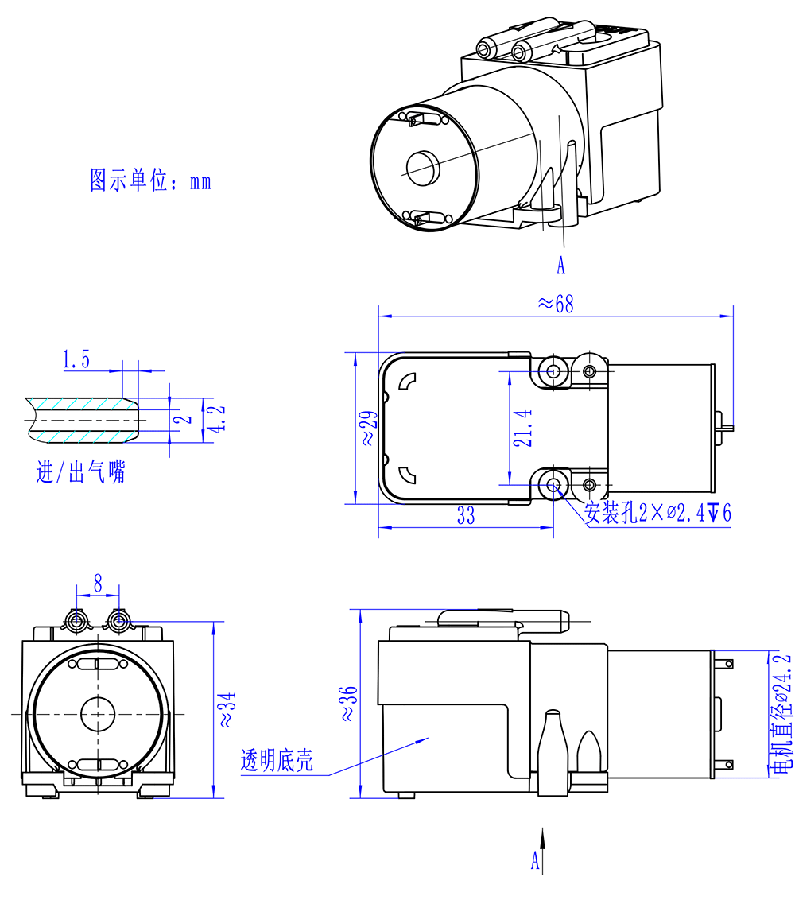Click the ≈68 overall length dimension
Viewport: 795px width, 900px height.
pyautogui.click(x=555, y=304)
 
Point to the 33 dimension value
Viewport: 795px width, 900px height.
pyautogui.click(x=466, y=516)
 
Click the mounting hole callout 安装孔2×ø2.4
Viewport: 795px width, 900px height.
pyautogui.click(x=657, y=513)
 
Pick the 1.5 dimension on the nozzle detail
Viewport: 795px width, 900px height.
pyautogui.click(x=76, y=360)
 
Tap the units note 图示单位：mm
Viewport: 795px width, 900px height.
pyautogui.click(x=150, y=180)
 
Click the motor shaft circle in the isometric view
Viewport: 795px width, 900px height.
pyautogui.click(x=422, y=165)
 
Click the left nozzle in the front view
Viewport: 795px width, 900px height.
pyautogui.click(x=78, y=619)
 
